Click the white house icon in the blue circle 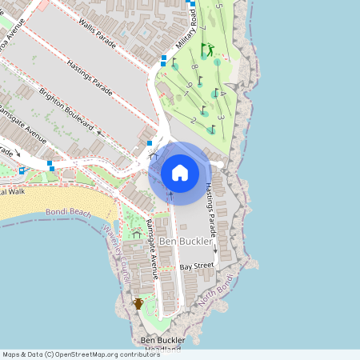click(x=180, y=173)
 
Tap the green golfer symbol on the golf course click(x=209, y=50)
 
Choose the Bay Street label click(x=197, y=266)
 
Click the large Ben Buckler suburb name click(x=186, y=241)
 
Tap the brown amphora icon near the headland click(x=138, y=303)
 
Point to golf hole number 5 click(x=218, y=6)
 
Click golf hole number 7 click(x=204, y=30)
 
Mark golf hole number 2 click(x=194, y=120)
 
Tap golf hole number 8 click(x=194, y=66)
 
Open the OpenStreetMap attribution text click(x=80, y=354)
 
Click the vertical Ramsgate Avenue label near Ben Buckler click(x=151, y=240)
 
